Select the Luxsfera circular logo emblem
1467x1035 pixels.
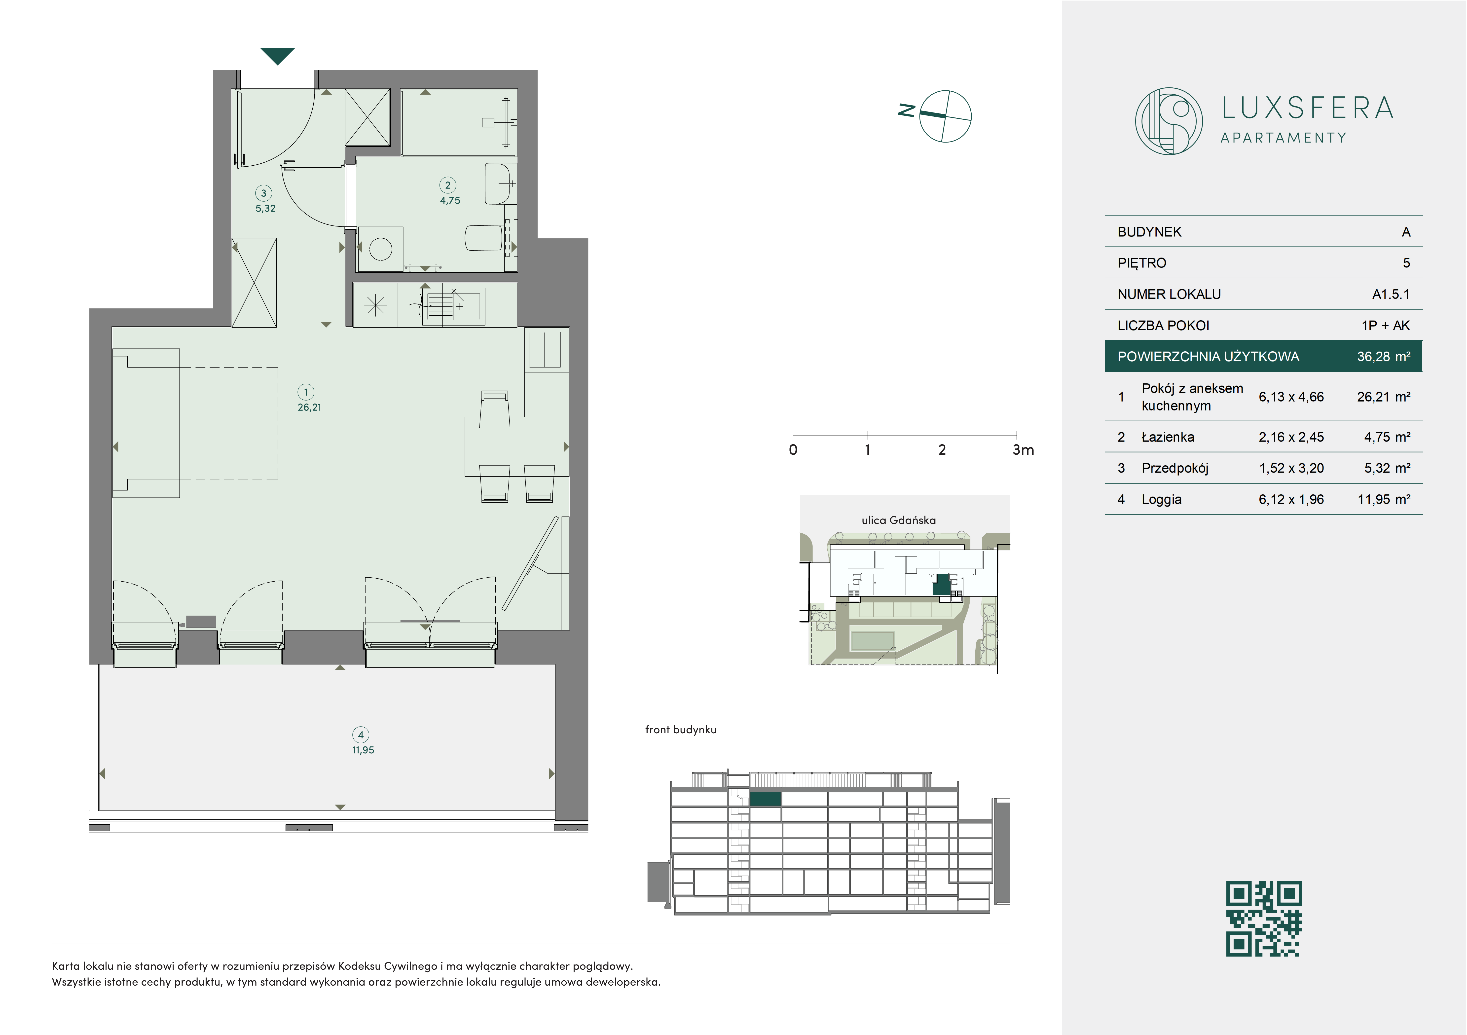(1169, 121)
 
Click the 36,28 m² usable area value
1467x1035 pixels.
(1383, 357)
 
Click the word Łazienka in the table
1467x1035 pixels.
(1167, 437)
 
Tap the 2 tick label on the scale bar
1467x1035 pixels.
(942, 450)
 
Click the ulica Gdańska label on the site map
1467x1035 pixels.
(898, 520)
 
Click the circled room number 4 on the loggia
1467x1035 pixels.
(361, 735)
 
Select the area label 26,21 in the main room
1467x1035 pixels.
(309, 407)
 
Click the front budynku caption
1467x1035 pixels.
(680, 730)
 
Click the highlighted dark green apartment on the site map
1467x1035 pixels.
(941, 585)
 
